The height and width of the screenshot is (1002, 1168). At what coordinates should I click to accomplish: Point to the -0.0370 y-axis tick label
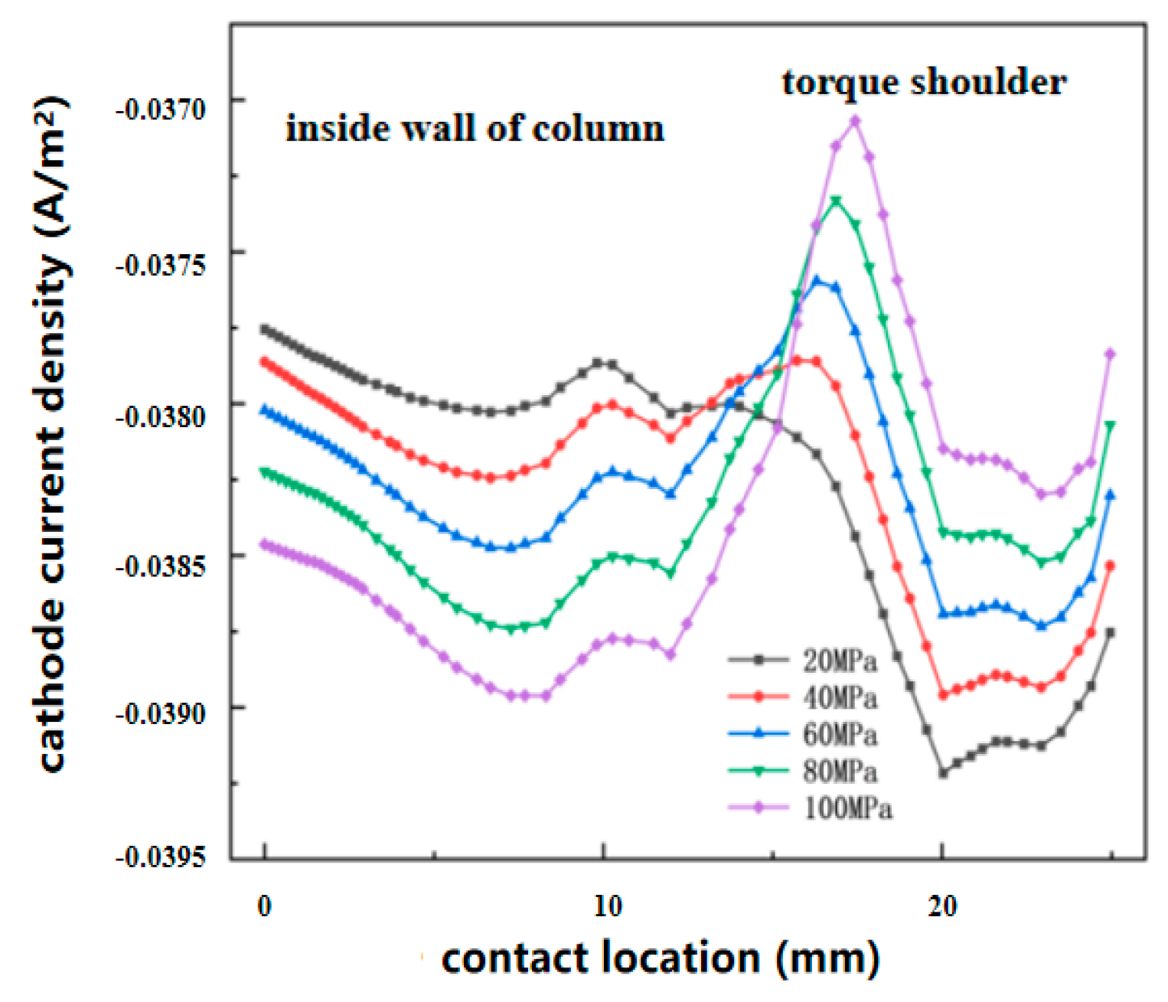[161, 109]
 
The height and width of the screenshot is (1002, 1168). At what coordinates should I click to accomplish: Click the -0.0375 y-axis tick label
[161, 265]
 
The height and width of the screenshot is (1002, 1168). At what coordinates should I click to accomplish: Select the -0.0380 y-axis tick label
[161, 416]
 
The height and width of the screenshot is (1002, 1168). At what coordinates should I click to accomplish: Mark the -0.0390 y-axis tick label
[161, 713]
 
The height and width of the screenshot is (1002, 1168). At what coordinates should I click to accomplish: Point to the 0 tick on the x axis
[264, 906]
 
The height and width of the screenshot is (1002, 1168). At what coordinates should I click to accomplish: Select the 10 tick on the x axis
[607, 906]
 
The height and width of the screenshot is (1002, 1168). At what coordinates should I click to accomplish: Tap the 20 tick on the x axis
[942, 906]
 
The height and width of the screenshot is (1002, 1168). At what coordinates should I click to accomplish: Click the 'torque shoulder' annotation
[924, 82]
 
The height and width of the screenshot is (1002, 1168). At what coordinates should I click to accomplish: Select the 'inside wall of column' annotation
[475, 128]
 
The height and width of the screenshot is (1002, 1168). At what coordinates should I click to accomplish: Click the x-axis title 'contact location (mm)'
[661, 958]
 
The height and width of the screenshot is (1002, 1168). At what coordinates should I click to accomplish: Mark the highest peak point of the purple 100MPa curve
[856, 120]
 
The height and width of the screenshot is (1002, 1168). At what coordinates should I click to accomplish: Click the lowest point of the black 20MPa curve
[943, 773]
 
